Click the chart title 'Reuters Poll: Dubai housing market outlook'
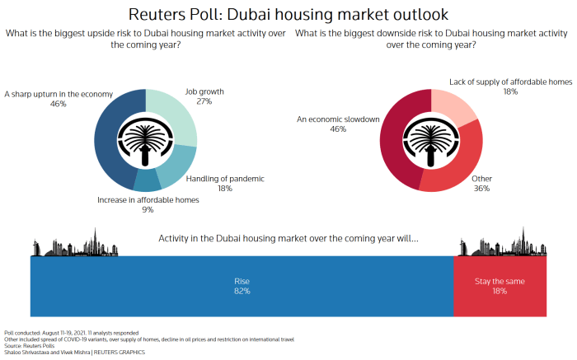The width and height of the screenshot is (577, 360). pos(288,15)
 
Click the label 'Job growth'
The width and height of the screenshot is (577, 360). pos(204,91)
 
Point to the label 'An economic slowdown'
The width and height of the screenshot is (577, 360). pos(338,119)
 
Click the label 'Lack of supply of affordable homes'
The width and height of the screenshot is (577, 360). pos(510,81)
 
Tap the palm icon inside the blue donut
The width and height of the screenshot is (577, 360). pos(145,141)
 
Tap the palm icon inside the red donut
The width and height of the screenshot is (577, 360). pos(432,141)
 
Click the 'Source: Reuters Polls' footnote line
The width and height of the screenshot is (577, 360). pos(29,346)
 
